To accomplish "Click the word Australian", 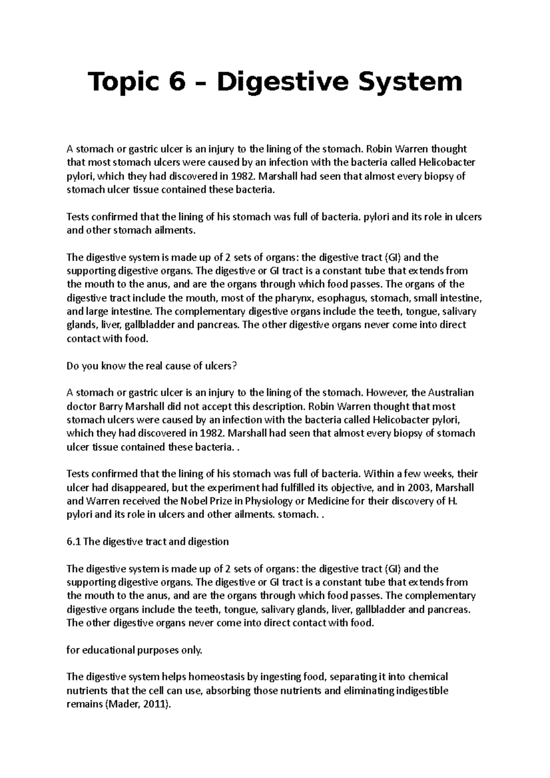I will coord(451,393).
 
